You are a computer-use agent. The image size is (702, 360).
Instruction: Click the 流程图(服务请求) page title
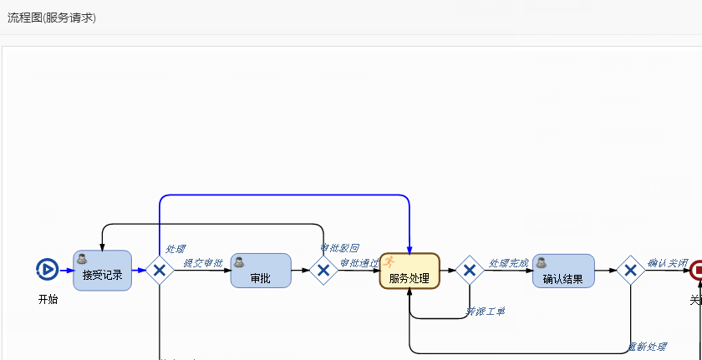[52, 18]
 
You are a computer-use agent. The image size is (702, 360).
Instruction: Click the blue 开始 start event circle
[48, 270]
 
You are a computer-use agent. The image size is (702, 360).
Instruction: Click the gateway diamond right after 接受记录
[159, 271]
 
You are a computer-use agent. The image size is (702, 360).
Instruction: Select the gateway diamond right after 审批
[323, 271]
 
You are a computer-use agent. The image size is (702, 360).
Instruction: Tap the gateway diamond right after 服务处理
[470, 271]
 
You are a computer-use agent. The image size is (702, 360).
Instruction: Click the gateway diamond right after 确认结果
[630, 271]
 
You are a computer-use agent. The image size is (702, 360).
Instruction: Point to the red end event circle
[696, 270]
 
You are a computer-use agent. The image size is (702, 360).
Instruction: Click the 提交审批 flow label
[203, 263]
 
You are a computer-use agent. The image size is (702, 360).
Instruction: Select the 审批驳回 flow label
[340, 248]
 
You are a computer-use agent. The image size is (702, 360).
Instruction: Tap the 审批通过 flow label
[359, 263]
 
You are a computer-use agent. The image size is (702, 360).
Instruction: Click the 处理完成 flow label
[508, 263]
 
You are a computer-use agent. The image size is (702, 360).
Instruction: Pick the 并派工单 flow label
[485, 312]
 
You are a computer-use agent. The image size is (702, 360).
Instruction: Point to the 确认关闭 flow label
[667, 263]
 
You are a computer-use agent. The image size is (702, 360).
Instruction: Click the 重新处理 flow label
[647, 347]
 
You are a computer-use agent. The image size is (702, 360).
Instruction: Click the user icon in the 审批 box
[239, 261]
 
